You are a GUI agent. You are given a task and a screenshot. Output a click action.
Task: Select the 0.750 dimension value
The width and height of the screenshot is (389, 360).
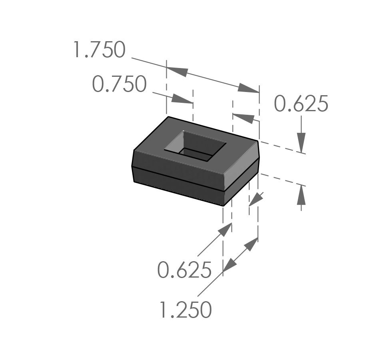click(x=119, y=84)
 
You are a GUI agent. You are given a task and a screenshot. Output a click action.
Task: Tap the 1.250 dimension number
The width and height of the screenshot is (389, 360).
click(x=185, y=310)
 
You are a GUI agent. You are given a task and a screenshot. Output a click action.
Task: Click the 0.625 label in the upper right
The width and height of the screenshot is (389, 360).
click(x=301, y=104)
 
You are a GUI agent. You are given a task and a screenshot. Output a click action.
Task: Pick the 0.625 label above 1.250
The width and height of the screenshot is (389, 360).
click(x=184, y=270)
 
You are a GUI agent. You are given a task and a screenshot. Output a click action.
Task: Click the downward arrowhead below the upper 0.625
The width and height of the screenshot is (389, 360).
click(x=301, y=142)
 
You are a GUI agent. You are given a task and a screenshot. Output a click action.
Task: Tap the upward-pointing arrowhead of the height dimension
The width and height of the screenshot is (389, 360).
click(x=301, y=195)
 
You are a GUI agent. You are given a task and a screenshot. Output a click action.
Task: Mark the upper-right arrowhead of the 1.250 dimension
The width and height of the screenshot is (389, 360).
click(x=251, y=244)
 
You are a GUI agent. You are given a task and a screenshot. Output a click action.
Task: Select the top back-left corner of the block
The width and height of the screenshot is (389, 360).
click(x=168, y=117)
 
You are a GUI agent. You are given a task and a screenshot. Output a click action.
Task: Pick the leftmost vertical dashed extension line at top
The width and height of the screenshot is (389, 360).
click(x=166, y=88)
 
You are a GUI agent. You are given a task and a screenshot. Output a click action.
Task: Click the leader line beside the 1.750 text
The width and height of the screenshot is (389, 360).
click(x=148, y=63)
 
